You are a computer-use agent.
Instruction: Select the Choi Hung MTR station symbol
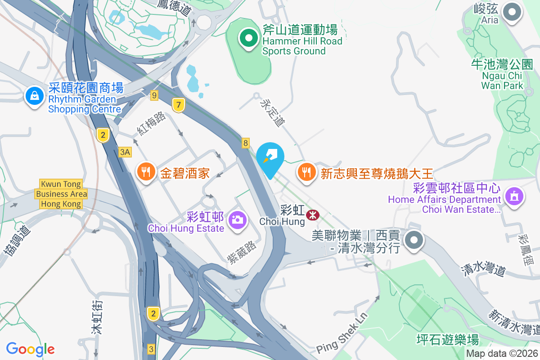[x=312, y=215]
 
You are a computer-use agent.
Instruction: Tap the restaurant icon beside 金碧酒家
[x=145, y=172]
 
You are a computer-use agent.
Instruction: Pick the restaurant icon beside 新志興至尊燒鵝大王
[x=306, y=172]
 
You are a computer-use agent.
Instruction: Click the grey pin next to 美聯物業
[x=414, y=240]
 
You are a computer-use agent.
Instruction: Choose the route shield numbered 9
[x=154, y=95]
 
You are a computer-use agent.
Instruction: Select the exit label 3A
[x=125, y=152]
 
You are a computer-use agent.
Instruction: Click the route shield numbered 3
[x=151, y=349]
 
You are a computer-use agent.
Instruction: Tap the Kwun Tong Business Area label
[x=61, y=194]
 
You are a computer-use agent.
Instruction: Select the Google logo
[x=30, y=349]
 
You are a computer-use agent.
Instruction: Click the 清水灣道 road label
[x=483, y=270]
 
